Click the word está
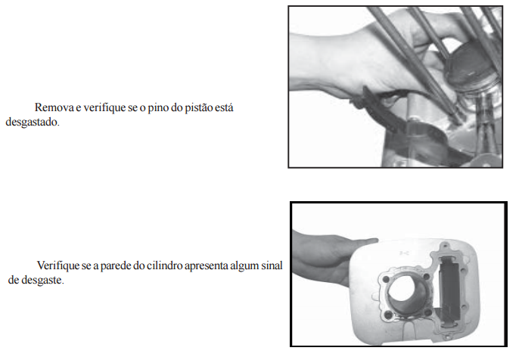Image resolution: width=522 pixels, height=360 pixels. point(225,107)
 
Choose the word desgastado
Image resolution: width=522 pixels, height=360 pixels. point(33,123)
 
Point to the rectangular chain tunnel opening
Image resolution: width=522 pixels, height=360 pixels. point(450,289)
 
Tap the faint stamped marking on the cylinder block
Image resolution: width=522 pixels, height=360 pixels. point(404,253)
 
